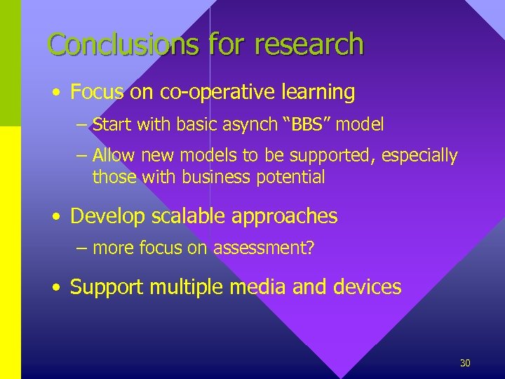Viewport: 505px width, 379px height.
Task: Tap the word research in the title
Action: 309,44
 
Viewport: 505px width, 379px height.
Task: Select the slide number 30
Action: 464,363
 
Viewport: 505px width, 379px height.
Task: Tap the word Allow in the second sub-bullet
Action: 112,155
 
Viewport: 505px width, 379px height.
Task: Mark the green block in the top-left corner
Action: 11,63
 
